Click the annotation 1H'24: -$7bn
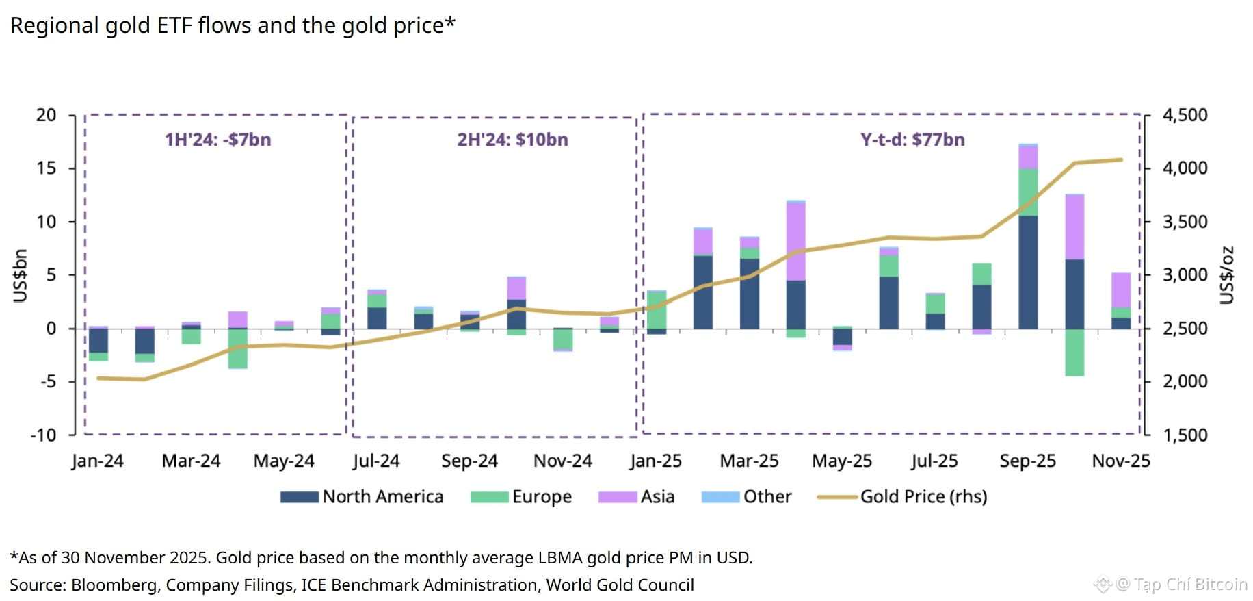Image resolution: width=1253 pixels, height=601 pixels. pos(217,140)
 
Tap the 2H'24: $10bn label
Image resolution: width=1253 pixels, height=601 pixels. pos(512,140)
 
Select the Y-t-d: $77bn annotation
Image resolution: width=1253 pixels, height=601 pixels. pos(912,140)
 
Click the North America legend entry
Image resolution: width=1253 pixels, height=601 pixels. pos(362,497)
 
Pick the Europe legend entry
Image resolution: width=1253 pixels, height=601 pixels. pos(521,497)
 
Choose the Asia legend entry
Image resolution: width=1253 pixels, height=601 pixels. pos(637,497)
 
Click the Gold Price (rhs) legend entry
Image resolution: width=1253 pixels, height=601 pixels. pos(903,497)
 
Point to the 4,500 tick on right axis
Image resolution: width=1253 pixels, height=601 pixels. pos(1185,115)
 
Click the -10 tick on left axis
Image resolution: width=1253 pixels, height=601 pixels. pos(43,435)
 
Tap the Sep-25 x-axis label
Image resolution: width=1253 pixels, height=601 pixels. pos(1027,461)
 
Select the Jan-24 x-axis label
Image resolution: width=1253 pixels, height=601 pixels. pos(97,461)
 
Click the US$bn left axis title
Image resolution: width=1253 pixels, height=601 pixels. pos(21,275)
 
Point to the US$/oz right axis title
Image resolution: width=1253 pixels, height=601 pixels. pos(1228,275)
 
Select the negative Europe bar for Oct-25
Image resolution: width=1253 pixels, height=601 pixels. pos(1074,353)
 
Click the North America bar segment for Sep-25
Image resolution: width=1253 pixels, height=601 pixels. pos(1028,272)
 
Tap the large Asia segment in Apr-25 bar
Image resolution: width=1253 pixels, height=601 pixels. pos(795,242)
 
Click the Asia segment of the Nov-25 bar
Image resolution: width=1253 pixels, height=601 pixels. pos(1121,290)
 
